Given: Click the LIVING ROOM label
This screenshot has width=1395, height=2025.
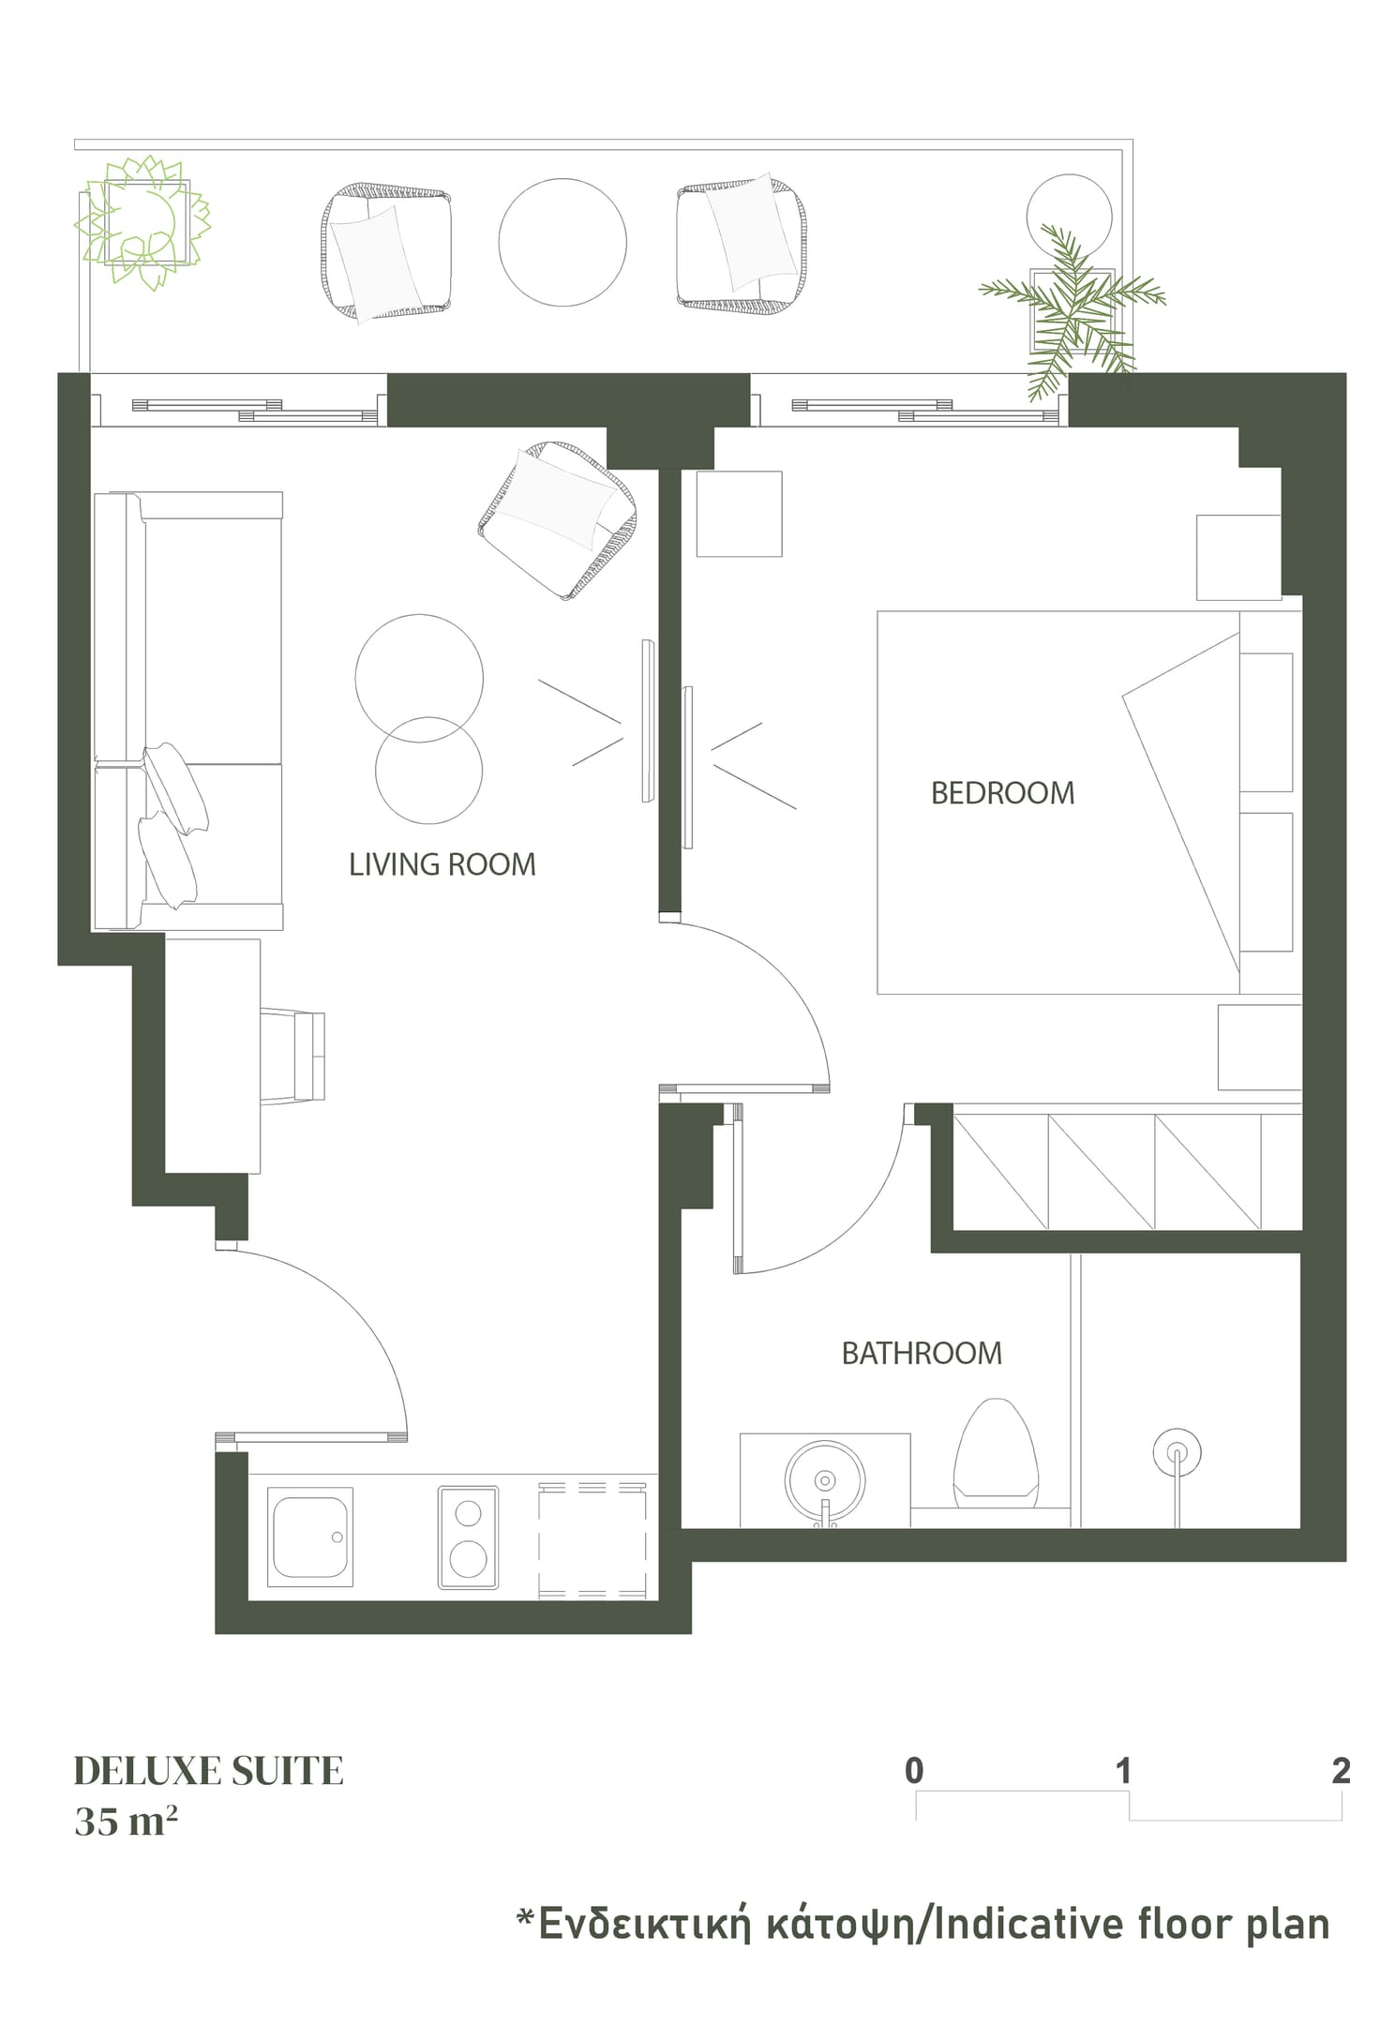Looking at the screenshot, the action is [442, 864].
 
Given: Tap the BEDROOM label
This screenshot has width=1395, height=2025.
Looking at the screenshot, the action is [1002, 793].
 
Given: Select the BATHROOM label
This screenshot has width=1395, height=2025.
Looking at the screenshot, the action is [922, 1354].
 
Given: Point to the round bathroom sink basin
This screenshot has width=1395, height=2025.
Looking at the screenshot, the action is [825, 1481].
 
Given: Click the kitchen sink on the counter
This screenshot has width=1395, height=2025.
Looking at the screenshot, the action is [310, 1537].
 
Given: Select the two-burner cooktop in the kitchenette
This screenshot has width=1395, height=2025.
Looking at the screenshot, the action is [468, 1538].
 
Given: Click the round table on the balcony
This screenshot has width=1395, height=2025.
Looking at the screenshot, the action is [562, 242].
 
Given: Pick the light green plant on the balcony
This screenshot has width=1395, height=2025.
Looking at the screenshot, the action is [142, 221].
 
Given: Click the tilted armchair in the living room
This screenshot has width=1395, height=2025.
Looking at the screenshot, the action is [559, 519].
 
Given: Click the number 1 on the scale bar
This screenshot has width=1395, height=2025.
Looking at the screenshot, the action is [1124, 1770].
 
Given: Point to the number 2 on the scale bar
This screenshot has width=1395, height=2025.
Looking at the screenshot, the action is [1341, 1770].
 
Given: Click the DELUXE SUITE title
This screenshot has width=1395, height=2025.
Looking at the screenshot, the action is [209, 1771].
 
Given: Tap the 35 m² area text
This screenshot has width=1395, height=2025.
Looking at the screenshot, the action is [127, 1822].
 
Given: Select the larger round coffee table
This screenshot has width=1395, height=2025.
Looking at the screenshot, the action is [419, 678].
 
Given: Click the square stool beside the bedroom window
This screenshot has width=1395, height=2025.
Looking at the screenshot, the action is [739, 514].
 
